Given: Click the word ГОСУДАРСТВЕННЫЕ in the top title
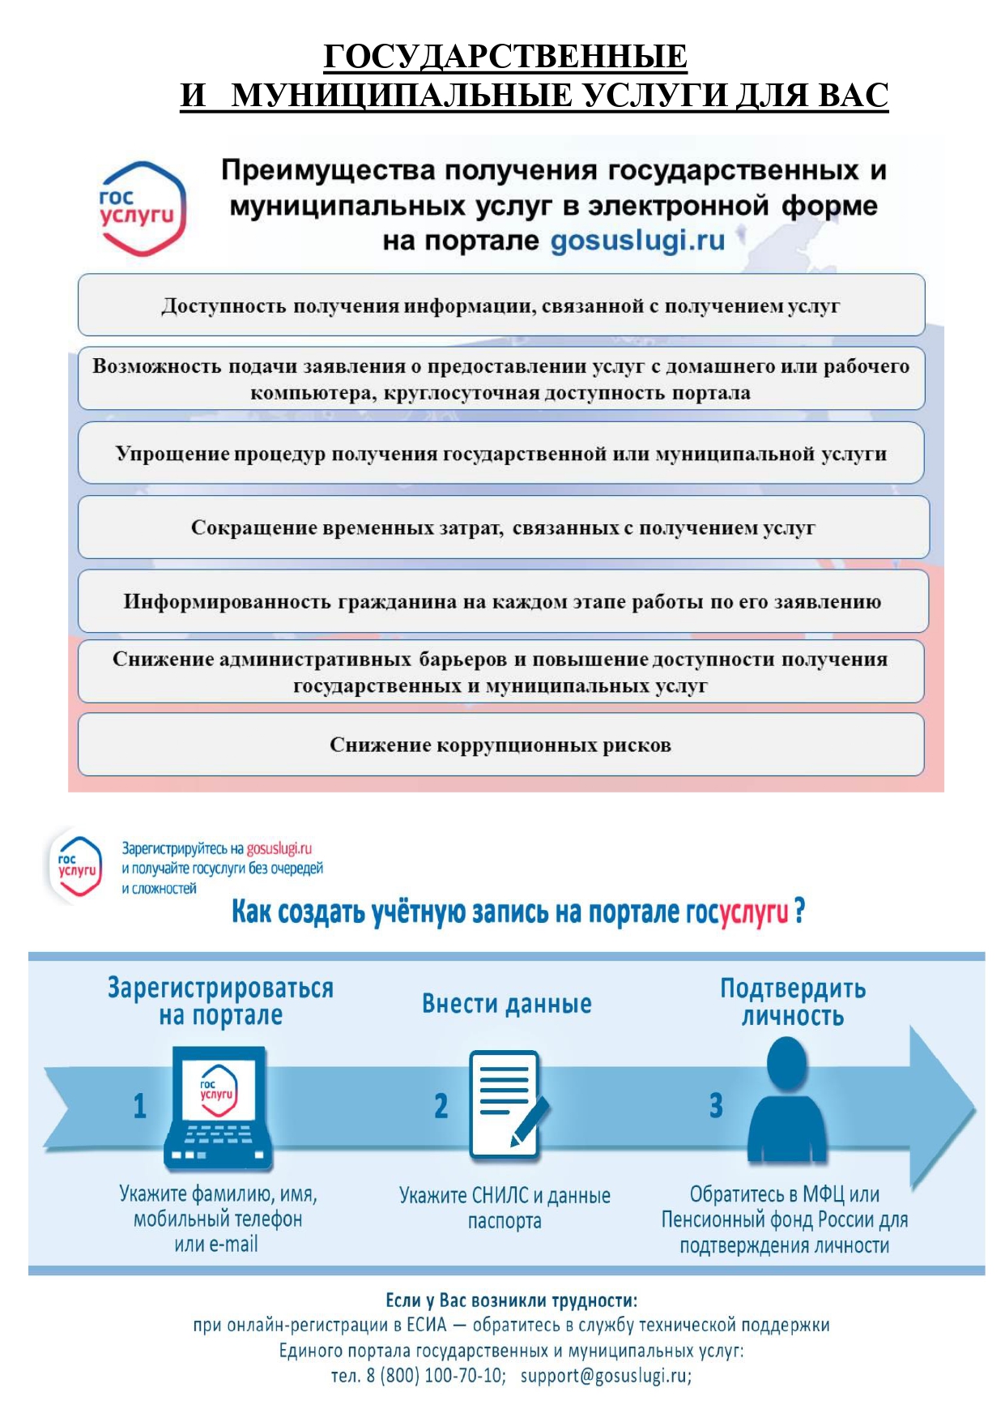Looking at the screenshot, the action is (505, 57).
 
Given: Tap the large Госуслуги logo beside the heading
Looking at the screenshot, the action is (142, 208).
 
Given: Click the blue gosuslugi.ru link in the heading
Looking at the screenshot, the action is (638, 241).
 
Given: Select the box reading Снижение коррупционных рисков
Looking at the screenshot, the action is (501, 745).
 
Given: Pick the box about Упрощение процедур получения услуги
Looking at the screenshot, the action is (501, 453).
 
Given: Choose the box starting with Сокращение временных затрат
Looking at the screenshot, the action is (503, 527).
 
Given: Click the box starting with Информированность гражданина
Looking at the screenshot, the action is (503, 601).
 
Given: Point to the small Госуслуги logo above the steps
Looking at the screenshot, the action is (76, 866).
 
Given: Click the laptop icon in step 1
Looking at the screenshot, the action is (218, 1108).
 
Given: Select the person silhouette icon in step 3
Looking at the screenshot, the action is (786, 1100).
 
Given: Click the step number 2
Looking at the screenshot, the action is (441, 1106).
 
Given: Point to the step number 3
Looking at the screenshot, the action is (716, 1106).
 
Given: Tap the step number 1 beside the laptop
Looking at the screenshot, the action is (140, 1106).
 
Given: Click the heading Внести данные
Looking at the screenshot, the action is (507, 1004).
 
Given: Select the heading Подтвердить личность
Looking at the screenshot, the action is (793, 1002).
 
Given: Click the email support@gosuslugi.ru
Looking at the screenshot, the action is (606, 1376).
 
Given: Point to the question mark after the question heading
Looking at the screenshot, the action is (799, 912).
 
